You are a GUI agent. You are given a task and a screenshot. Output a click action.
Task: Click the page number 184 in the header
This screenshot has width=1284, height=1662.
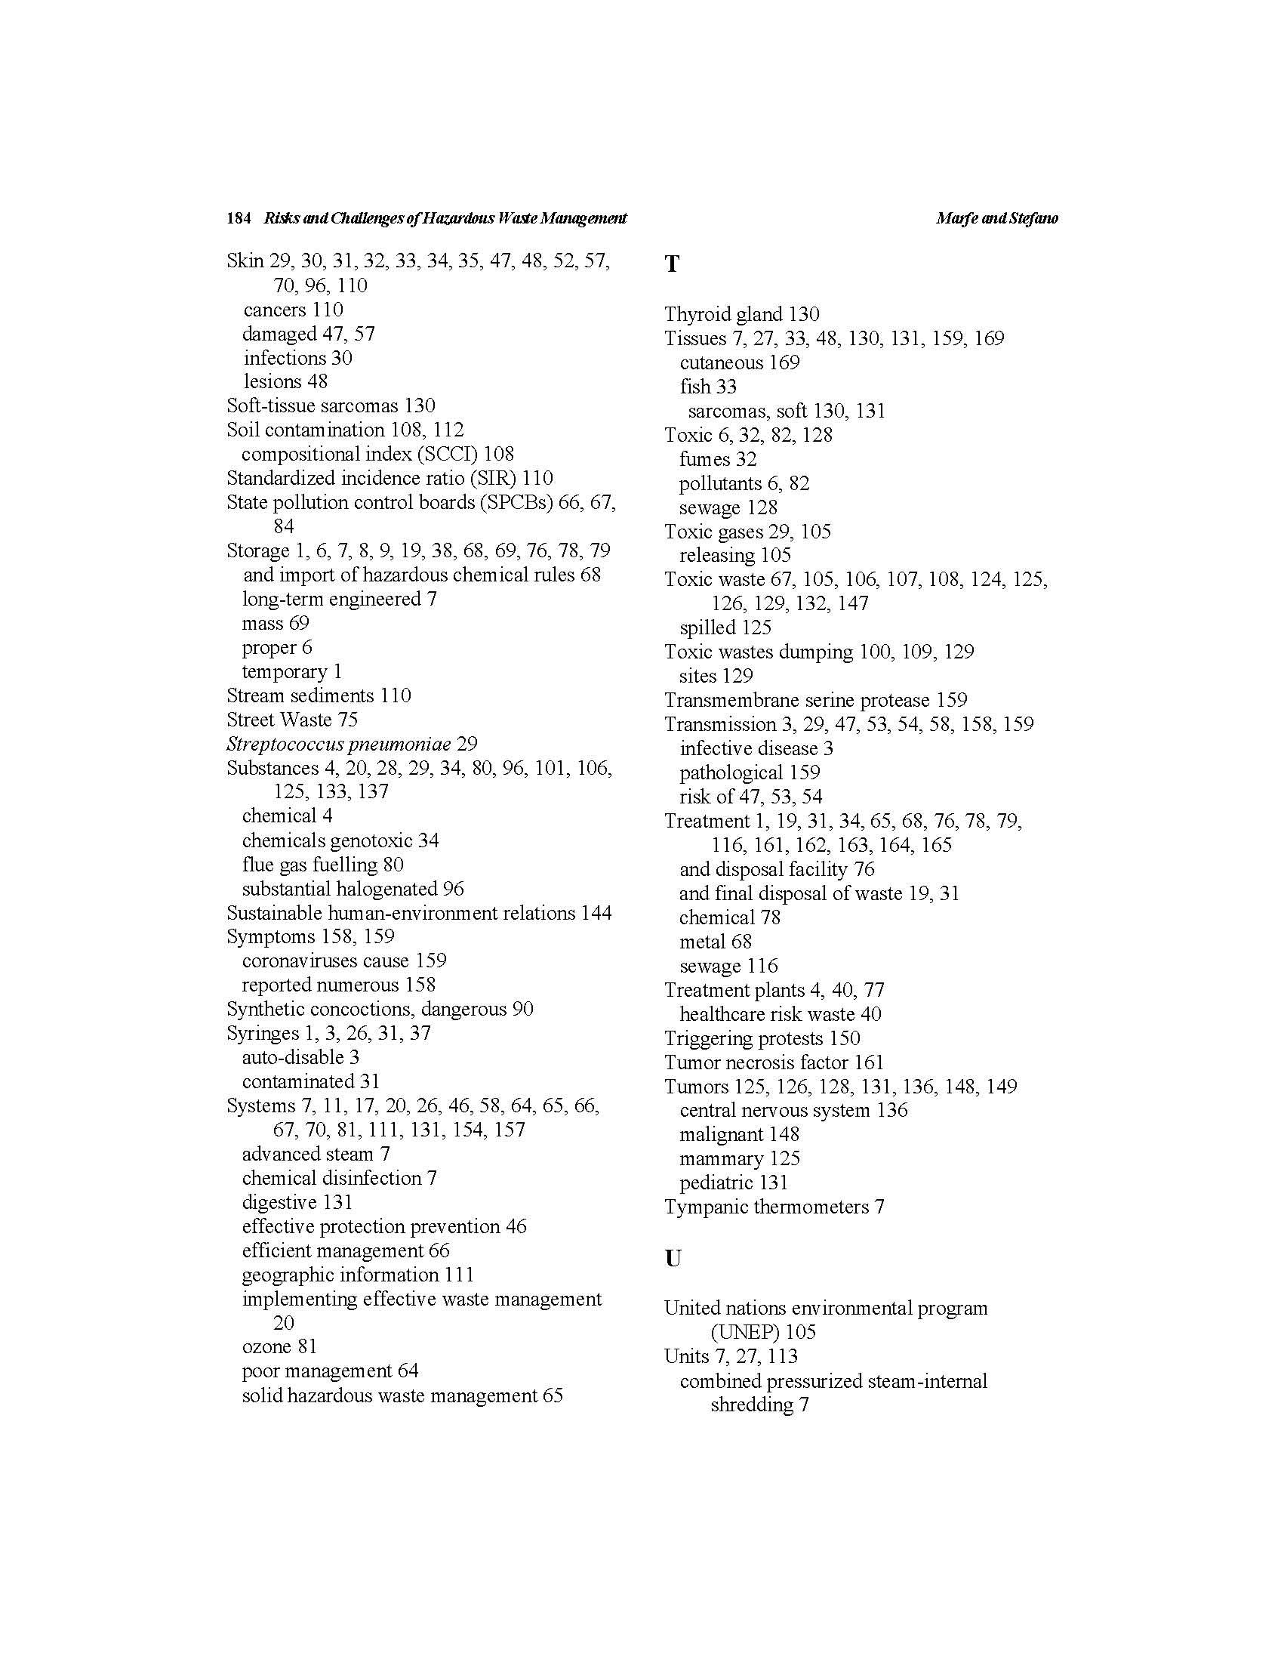click(238, 218)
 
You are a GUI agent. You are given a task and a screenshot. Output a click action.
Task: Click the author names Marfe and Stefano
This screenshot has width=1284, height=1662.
click(996, 218)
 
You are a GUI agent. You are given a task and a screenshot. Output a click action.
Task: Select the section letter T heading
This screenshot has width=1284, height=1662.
click(672, 264)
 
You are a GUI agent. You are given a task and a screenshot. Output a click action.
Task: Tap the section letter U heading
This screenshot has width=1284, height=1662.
click(673, 1259)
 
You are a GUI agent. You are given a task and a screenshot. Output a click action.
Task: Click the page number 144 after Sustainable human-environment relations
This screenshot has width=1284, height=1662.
click(596, 912)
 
